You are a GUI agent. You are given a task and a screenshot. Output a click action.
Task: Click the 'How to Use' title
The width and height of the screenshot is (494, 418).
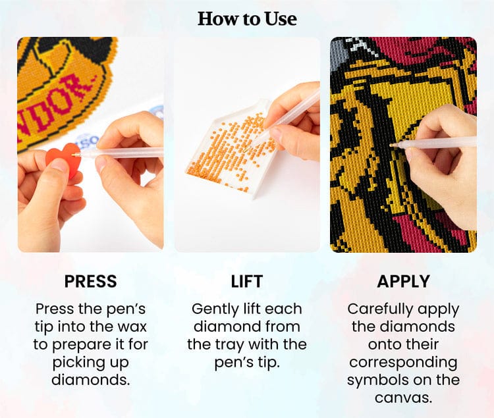(247, 18)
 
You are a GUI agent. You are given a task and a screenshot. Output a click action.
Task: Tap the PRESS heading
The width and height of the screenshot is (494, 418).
(90, 282)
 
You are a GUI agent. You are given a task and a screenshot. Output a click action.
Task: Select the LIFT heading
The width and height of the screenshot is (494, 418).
(247, 282)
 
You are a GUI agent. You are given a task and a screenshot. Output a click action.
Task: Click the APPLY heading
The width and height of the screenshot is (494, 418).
(402, 282)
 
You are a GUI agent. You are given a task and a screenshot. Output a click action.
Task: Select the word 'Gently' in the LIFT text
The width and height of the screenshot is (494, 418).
(213, 309)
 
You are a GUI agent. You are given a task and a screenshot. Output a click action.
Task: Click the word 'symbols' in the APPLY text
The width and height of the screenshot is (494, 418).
(374, 380)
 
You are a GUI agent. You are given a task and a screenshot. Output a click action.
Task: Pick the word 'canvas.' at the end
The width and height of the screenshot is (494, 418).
(402, 398)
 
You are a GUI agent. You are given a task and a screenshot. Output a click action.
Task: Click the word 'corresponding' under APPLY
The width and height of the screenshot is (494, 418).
(402, 362)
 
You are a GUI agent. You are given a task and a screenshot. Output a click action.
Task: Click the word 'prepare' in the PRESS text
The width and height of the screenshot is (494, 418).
(83, 344)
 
